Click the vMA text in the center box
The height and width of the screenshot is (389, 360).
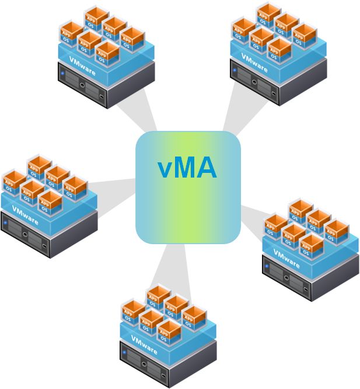pyautogui.click(x=187, y=167)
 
